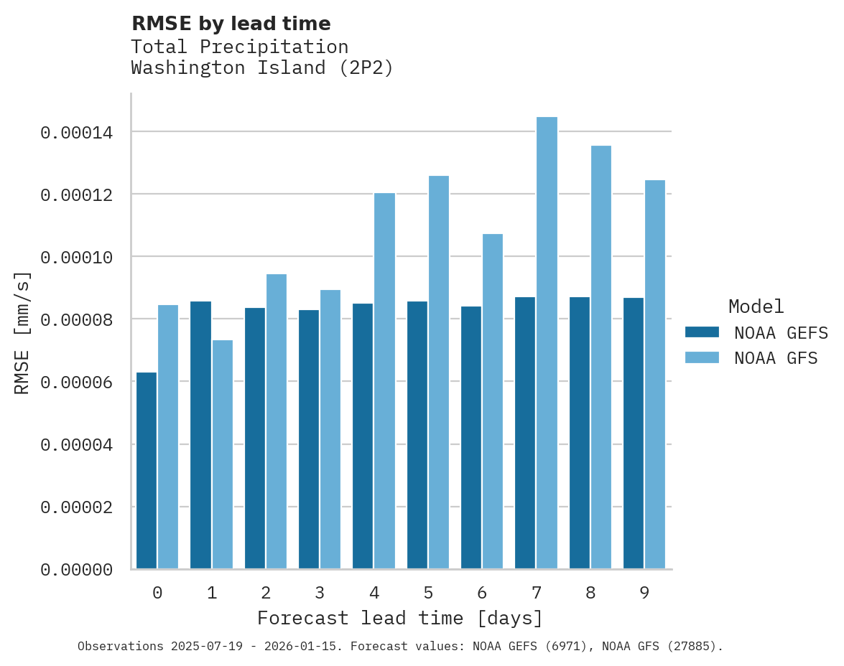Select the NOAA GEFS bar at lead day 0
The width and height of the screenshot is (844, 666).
147,470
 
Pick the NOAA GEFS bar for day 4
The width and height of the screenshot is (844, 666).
363,436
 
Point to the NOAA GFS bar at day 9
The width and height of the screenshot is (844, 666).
655,374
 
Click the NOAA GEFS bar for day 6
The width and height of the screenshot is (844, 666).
471,437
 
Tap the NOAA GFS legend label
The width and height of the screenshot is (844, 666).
776,358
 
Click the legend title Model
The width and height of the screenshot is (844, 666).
756,306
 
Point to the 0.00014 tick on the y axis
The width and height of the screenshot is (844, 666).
76,133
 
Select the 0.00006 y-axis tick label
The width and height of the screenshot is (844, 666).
76,383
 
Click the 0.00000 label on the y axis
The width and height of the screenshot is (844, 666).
76,570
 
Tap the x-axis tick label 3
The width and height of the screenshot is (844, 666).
320,593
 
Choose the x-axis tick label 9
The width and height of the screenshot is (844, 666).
644,593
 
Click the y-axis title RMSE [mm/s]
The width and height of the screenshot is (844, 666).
23,333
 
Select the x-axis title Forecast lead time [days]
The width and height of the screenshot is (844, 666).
400,618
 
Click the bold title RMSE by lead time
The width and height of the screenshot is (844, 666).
231,24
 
